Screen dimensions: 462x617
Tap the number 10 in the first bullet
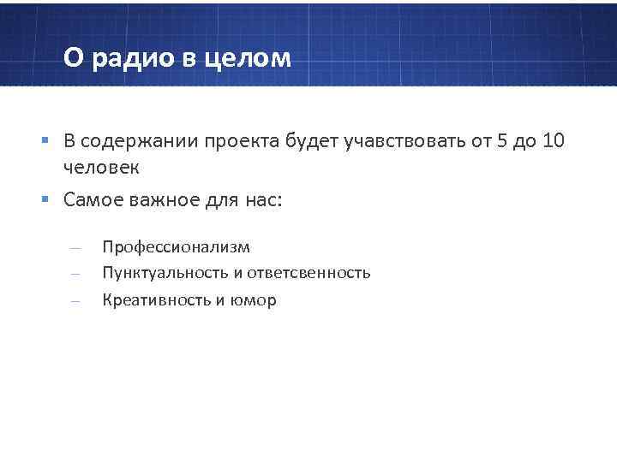[554, 142]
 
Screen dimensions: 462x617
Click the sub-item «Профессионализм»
[177, 247]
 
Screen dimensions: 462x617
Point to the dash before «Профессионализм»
[75, 248]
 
